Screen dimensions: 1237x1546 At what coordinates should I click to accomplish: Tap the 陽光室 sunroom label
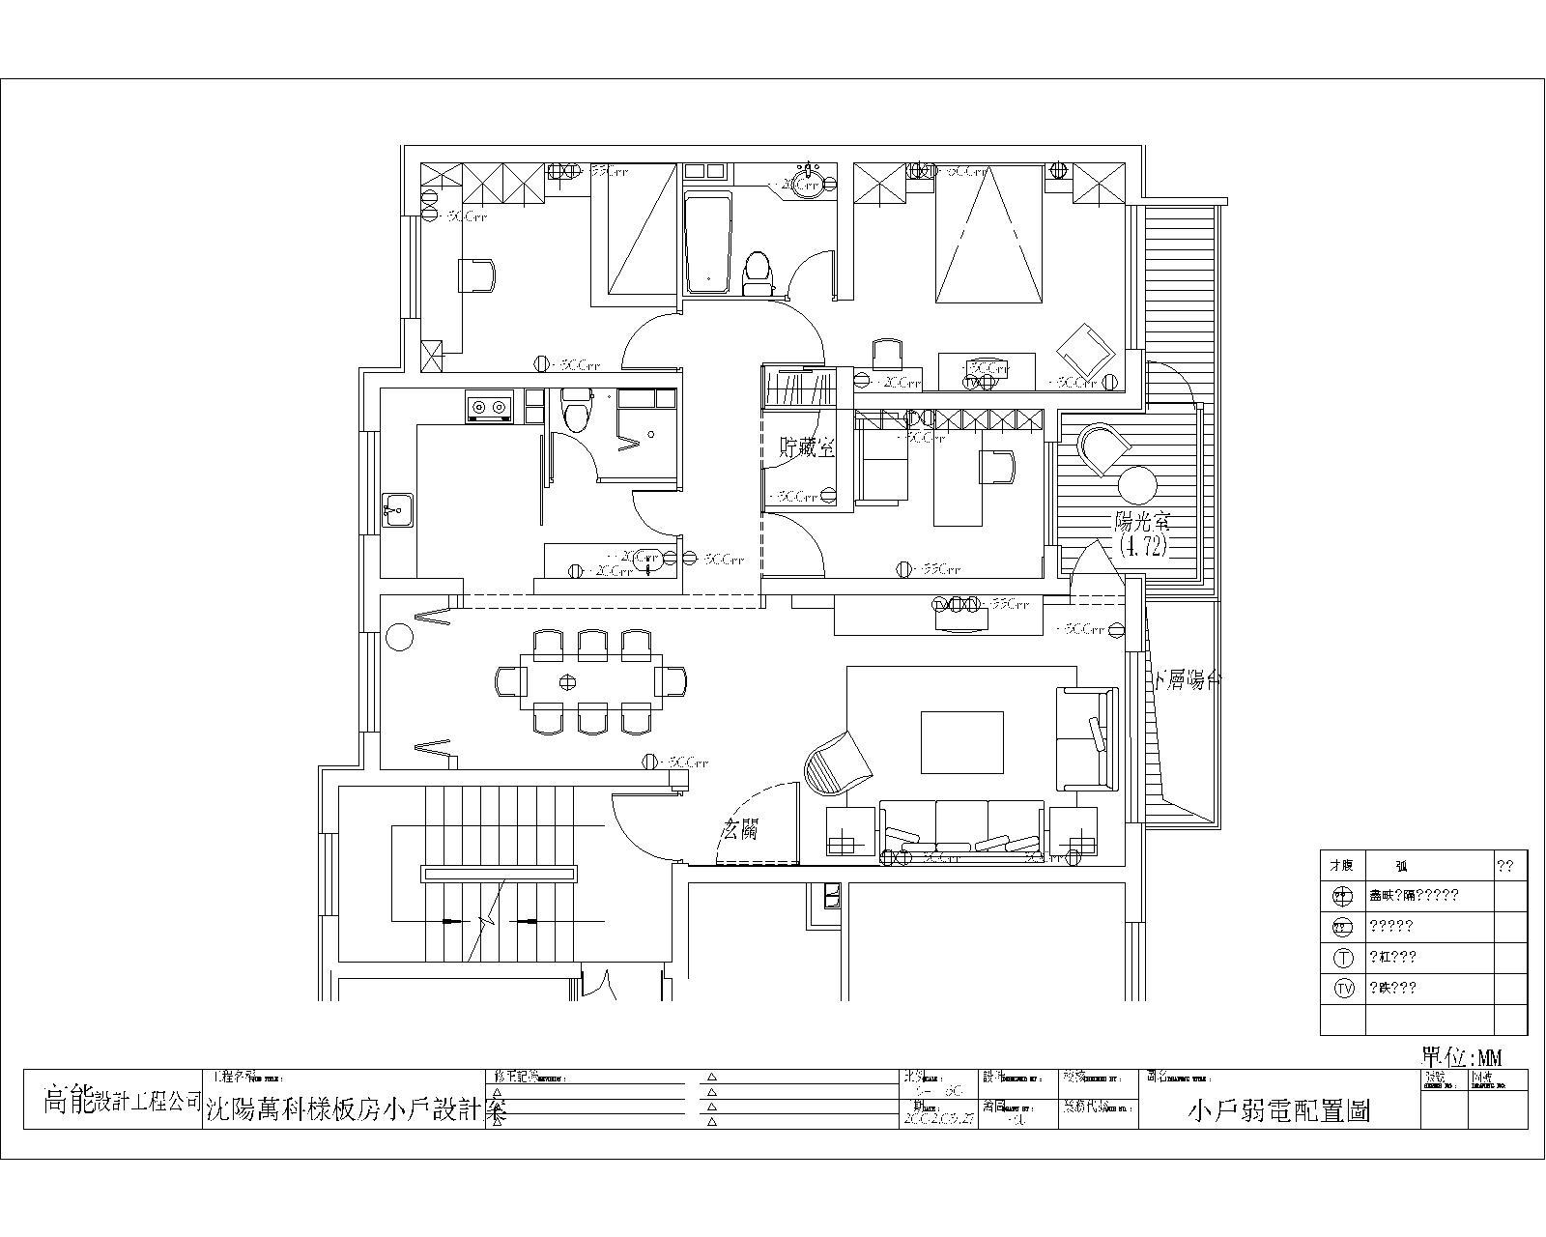click(1142, 523)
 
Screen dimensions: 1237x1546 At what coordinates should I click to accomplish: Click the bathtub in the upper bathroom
click(707, 242)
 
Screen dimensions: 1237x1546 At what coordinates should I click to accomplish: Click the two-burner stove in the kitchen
click(488, 407)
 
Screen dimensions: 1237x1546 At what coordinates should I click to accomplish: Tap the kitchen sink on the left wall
click(396, 508)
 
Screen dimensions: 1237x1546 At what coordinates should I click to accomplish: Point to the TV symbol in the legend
click(1344, 988)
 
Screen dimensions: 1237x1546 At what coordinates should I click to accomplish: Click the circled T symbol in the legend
click(1344, 958)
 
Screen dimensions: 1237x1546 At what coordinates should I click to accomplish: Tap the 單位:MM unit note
click(1462, 1055)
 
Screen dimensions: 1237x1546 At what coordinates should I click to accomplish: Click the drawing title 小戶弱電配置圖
click(1278, 1111)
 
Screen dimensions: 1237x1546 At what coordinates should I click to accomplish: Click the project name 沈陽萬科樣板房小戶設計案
click(357, 1111)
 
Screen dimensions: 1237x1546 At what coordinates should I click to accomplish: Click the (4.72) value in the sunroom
click(1145, 546)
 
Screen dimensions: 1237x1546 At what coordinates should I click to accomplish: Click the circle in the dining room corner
click(398, 637)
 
